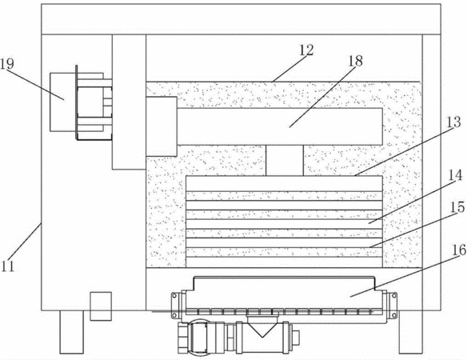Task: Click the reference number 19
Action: (7, 64)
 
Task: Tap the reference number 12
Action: (306, 50)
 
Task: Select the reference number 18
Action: (356, 61)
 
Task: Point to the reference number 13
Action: (454, 122)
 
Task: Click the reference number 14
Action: (456, 175)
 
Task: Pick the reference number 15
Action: (457, 207)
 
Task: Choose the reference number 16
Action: (459, 250)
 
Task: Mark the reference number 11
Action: (7, 266)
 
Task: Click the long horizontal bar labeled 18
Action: (280, 126)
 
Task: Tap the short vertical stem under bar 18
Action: (285, 161)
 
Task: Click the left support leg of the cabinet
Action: (71, 332)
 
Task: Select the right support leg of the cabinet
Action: (411, 332)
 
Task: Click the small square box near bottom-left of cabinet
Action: (101, 306)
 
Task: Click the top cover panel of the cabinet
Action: (241, 19)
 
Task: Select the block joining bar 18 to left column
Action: (162, 126)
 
